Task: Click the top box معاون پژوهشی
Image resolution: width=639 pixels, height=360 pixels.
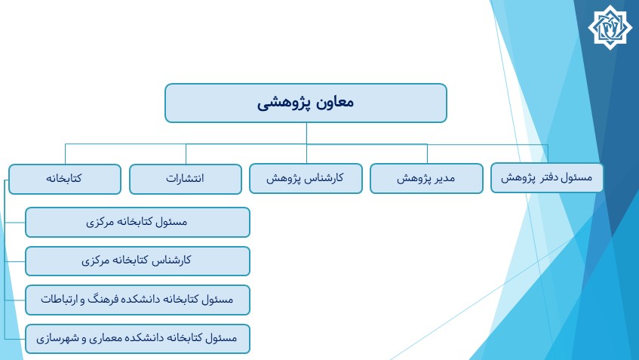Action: click(306, 103)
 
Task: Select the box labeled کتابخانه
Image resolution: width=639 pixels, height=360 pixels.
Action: click(65, 179)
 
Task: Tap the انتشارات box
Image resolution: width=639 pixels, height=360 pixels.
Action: click(186, 179)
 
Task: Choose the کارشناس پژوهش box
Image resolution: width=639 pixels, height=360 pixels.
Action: click(306, 178)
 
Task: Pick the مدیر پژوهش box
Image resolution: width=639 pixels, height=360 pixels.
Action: click(426, 178)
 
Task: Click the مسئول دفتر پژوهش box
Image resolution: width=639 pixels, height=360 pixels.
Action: click(547, 177)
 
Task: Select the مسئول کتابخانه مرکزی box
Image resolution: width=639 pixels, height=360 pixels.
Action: click(137, 222)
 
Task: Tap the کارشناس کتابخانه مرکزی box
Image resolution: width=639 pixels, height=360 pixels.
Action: click(137, 261)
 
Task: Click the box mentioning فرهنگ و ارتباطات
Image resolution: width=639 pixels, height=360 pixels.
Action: click(137, 300)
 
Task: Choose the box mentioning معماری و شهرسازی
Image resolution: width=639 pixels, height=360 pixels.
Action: click(137, 339)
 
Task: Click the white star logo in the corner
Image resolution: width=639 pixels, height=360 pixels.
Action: click(610, 27)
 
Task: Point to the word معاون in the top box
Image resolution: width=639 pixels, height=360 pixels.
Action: click(334, 102)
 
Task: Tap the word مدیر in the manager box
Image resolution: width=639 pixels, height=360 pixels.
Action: click(444, 178)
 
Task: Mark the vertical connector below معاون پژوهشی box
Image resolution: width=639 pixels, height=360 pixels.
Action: click(306, 133)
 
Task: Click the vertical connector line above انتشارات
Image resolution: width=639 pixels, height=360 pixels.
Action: click(186, 154)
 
